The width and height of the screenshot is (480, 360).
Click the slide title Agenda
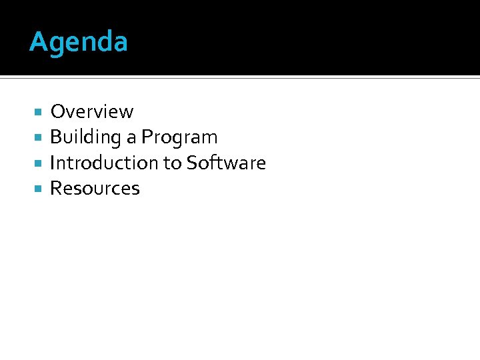point(79,43)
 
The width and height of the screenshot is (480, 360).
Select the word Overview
point(92,112)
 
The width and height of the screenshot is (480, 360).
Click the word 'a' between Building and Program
point(131,138)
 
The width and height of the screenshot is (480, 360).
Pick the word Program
point(179,138)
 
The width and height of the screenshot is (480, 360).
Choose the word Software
point(226,163)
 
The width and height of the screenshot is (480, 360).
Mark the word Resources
point(95,189)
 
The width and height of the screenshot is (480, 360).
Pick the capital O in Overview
point(57,112)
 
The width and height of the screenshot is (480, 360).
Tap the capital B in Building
point(56,137)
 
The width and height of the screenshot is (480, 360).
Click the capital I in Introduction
point(53,163)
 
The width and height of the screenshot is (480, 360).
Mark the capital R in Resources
point(56,189)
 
